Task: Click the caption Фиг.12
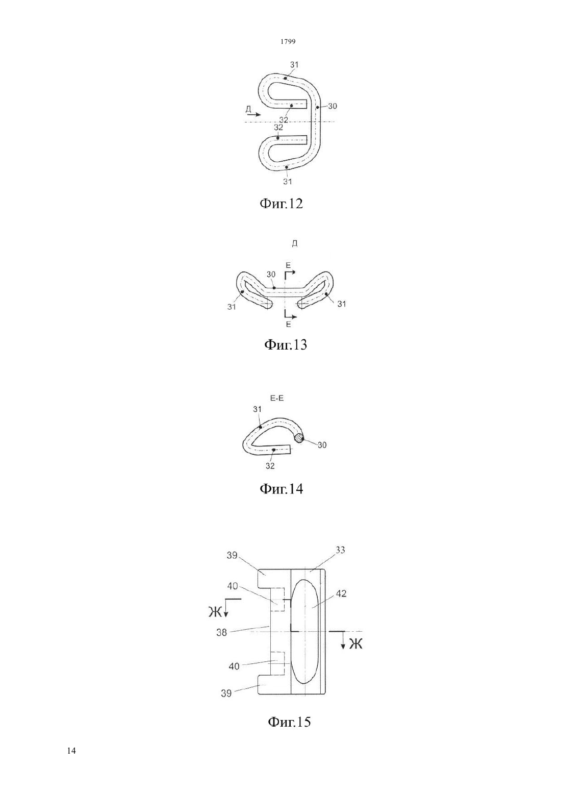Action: (282, 204)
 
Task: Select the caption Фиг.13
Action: (286, 344)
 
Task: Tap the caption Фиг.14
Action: (282, 489)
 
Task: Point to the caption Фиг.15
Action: (289, 722)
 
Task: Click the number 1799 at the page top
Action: (288, 41)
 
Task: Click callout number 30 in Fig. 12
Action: (332, 106)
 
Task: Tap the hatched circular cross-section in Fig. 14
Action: (299, 438)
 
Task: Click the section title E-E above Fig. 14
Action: (277, 399)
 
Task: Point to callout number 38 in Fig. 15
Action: (221, 642)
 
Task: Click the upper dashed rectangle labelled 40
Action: (277, 600)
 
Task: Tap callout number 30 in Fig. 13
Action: (271, 275)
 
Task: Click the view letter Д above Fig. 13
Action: (294, 243)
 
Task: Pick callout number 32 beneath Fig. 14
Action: (270, 466)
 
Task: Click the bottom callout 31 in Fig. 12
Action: (287, 181)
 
